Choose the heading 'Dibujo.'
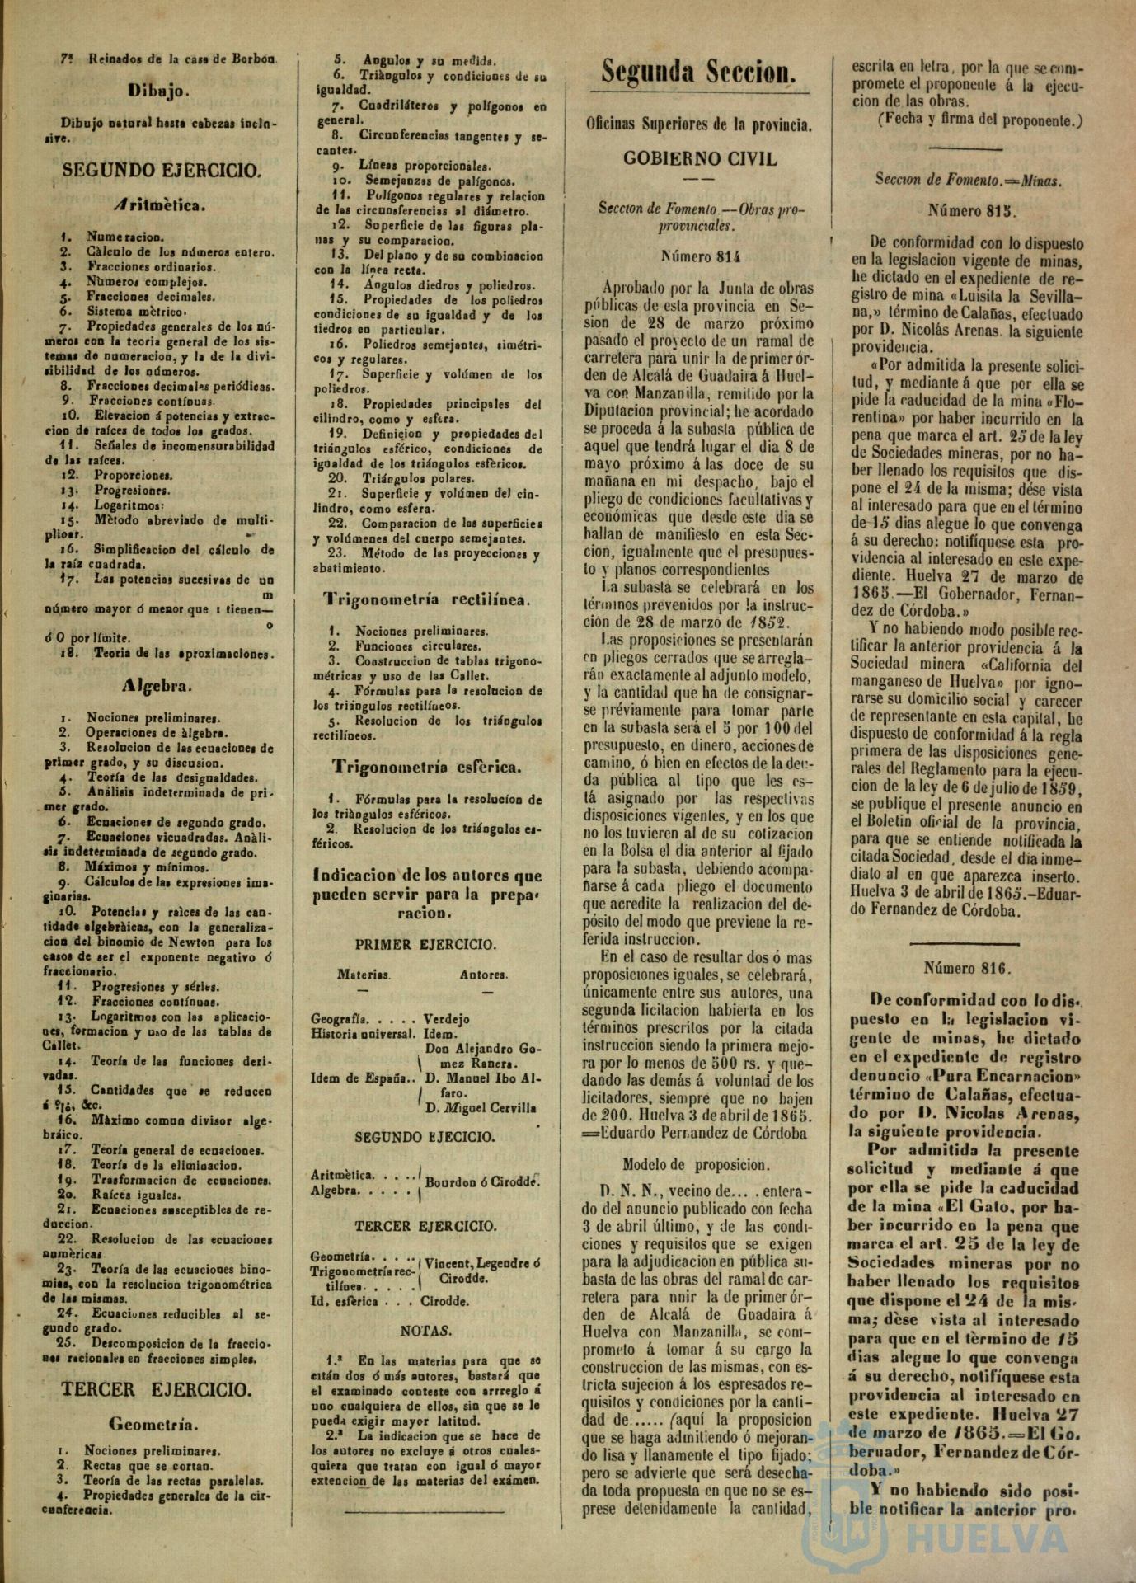point(160,91)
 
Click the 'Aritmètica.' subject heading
point(160,204)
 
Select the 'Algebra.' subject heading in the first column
point(158,685)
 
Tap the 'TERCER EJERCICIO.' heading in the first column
point(157,1389)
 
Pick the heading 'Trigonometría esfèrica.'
point(426,767)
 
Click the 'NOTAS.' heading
point(425,1331)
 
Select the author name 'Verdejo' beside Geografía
point(446,1018)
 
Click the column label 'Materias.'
point(364,975)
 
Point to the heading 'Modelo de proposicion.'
point(697,1165)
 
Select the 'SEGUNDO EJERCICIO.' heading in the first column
point(162,171)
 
